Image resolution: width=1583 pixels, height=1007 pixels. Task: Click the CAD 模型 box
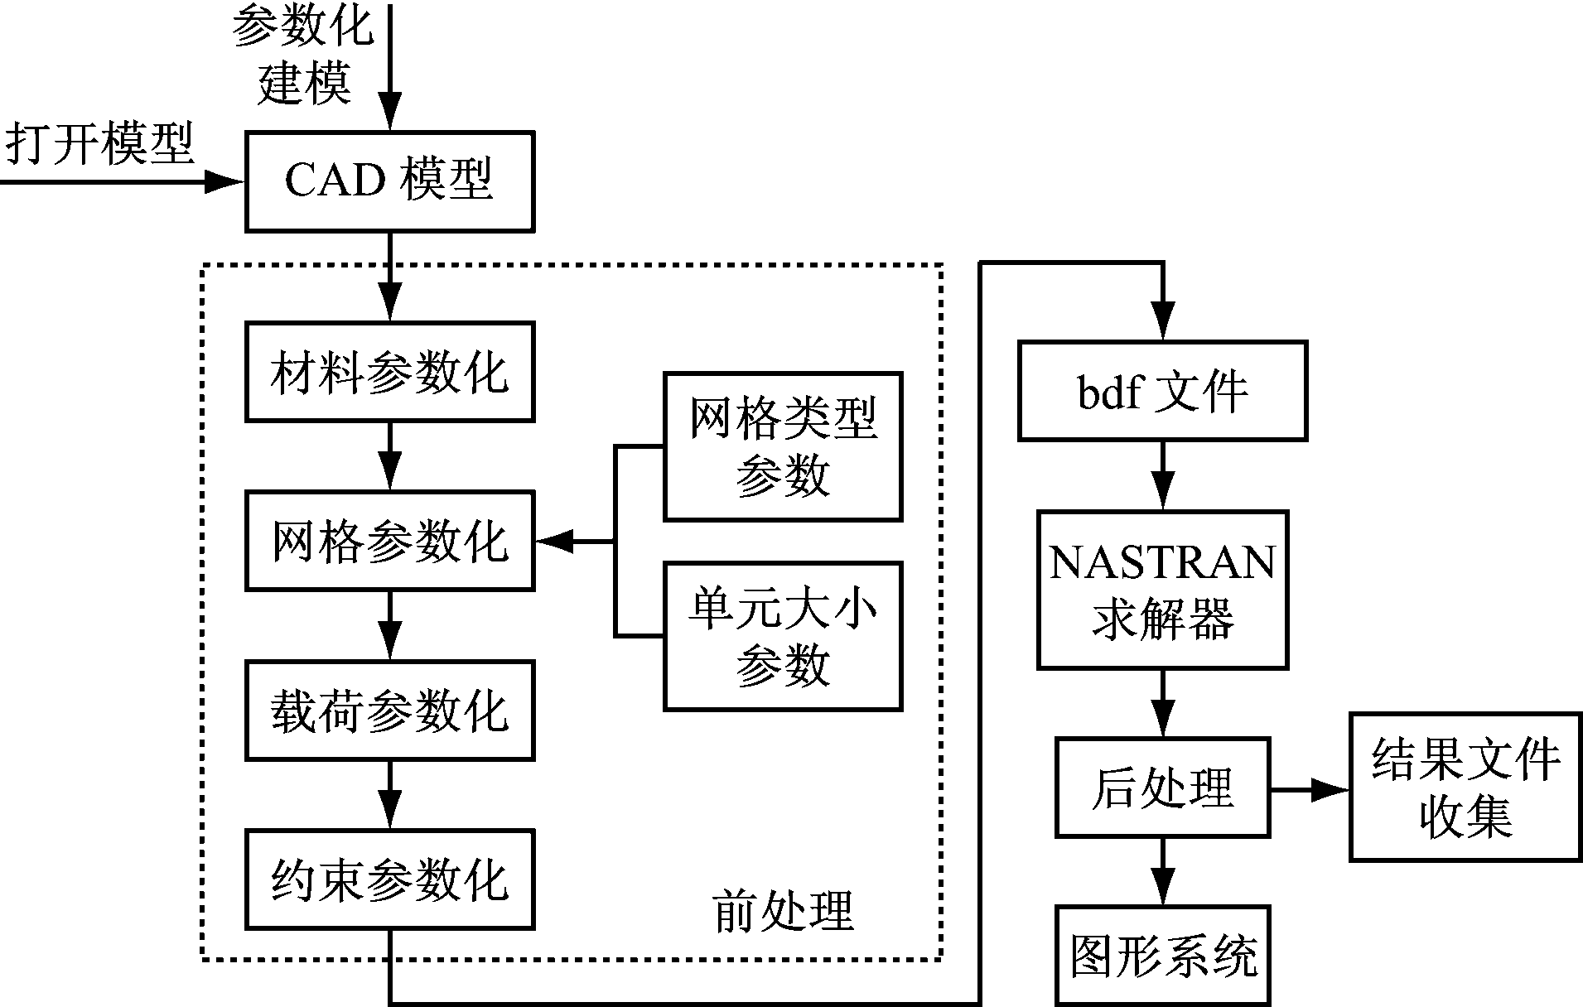coord(389,181)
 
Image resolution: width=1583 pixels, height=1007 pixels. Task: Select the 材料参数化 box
coord(389,372)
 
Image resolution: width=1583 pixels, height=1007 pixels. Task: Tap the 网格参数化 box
coord(389,541)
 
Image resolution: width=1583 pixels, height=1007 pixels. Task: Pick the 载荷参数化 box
coord(389,711)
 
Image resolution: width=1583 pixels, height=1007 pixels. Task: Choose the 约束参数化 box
coord(389,879)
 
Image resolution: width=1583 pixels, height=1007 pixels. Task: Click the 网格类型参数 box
coord(783,446)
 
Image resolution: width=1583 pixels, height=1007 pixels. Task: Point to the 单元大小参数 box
coord(783,636)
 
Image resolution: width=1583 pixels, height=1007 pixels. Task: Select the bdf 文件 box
coord(1162,390)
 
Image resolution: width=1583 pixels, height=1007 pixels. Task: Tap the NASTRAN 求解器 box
coord(1162,590)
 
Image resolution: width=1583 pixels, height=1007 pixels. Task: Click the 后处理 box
coord(1162,788)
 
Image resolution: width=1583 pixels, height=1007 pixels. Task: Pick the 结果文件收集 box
coord(1465,788)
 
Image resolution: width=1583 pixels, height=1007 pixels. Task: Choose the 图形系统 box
coord(1162,956)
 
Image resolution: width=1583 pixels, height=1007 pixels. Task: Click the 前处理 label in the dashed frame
coord(783,912)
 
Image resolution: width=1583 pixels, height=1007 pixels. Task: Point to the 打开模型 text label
coord(99,143)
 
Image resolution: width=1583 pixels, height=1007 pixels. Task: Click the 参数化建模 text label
coord(303,54)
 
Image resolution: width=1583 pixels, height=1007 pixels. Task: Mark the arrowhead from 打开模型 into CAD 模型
coord(224,181)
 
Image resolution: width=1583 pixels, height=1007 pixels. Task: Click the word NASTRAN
coord(1162,563)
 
